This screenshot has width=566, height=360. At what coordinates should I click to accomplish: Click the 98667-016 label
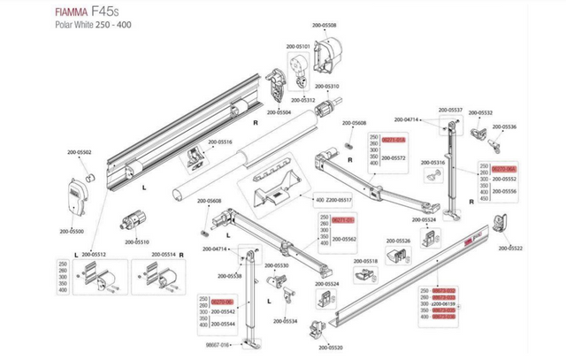[x=218, y=345]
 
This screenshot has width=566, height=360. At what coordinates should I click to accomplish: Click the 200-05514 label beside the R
[x=162, y=255]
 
